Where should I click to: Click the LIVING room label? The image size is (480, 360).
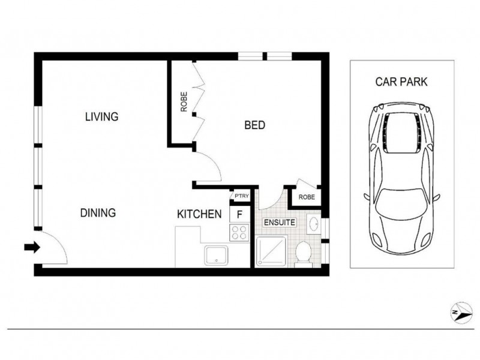click(101, 116)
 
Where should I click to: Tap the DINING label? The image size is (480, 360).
click(98, 213)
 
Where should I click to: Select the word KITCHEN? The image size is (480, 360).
click(199, 214)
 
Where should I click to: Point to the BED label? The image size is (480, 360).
click(254, 125)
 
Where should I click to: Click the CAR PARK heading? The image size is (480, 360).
click(401, 82)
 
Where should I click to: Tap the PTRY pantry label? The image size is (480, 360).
click(242, 196)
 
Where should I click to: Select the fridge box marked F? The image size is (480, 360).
click(239, 213)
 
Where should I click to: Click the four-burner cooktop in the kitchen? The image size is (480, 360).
click(239, 232)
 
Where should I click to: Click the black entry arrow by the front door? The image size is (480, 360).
click(31, 247)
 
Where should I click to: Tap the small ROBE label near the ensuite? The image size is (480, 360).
click(306, 196)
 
